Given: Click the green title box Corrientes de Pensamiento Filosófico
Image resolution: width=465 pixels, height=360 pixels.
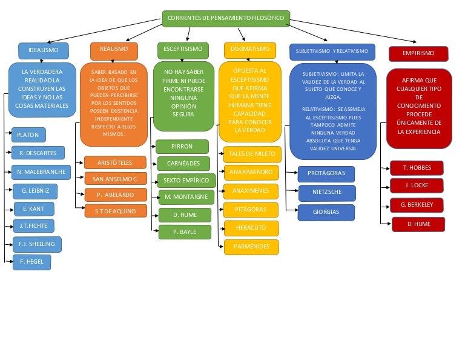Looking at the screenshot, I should pyautogui.click(x=226, y=18).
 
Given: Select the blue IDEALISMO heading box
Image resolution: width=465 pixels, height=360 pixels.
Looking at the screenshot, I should pyautogui.click(x=43, y=50).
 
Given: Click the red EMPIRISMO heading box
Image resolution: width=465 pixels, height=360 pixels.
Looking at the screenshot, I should pyautogui.click(x=418, y=54).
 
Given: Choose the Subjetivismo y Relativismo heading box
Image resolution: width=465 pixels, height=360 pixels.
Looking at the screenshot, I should pyautogui.click(x=332, y=52).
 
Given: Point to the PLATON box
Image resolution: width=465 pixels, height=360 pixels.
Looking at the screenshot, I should pyautogui.click(x=28, y=135).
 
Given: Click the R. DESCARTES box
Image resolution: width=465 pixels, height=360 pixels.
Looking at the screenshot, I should pyautogui.click(x=38, y=153).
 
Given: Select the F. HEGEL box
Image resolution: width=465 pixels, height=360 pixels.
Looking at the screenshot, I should pyautogui.click(x=31, y=262).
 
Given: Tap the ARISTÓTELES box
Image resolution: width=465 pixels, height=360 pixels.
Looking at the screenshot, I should pyautogui.click(x=115, y=162).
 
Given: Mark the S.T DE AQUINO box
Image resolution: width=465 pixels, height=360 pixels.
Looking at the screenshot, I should pyautogui.click(x=115, y=211).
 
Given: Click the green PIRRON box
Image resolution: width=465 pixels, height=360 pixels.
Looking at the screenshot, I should pyautogui.click(x=182, y=147).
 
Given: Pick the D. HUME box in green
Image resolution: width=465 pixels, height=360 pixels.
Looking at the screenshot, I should pyautogui.click(x=185, y=215).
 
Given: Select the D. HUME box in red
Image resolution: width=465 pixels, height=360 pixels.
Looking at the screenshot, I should pyautogui.click(x=418, y=224).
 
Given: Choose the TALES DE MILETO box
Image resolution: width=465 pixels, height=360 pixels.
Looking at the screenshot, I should pyautogui.click(x=251, y=154).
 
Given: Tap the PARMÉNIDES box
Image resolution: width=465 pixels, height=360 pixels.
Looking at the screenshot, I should pyautogui.click(x=251, y=247).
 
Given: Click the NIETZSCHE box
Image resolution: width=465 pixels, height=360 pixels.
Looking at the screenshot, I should pyautogui.click(x=326, y=193).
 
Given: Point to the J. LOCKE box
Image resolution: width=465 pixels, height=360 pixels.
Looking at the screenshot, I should pyautogui.click(x=417, y=185).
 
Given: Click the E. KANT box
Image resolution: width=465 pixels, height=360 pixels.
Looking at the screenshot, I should pyautogui.click(x=34, y=209).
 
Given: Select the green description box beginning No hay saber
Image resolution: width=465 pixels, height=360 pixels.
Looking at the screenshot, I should pyautogui.click(x=183, y=96).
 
